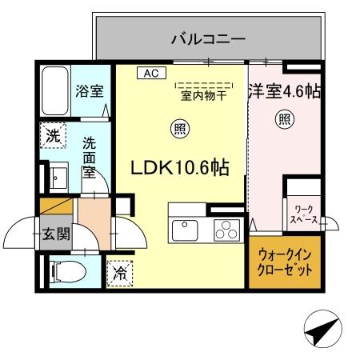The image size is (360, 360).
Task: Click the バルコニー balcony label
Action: point(206,37)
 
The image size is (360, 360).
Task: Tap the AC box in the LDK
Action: point(150,73)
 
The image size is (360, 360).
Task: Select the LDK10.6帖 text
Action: point(181,167)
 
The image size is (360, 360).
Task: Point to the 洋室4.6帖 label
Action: point(285,91)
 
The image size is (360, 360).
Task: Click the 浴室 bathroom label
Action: point(89,90)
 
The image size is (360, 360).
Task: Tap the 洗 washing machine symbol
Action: point(52,136)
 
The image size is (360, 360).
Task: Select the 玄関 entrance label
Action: point(56,235)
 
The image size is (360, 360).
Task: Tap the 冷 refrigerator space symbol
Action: point(119,272)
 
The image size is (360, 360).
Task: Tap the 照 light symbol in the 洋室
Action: point(284,119)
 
